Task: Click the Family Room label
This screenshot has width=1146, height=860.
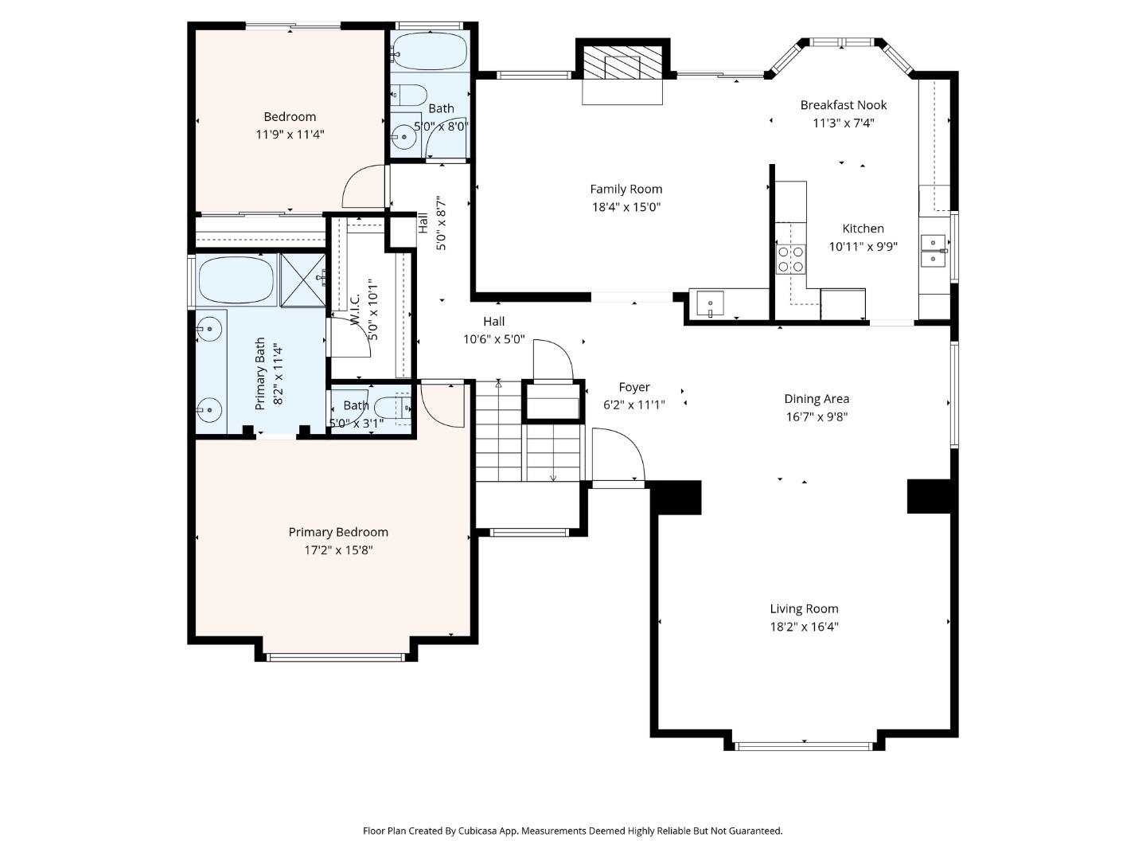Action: (626, 189)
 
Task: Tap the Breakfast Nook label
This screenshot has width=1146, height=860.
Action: (843, 105)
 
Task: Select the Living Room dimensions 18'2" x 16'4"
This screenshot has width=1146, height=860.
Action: (804, 627)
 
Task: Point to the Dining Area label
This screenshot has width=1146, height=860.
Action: (817, 399)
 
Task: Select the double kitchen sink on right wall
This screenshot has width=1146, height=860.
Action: (934, 251)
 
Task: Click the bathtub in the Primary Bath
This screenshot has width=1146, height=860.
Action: (236, 280)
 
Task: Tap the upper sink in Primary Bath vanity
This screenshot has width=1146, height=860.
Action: (209, 327)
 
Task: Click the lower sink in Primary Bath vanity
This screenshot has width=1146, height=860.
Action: (209, 409)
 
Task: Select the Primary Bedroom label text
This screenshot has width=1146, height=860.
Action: (338, 533)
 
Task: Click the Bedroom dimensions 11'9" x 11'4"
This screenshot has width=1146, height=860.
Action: (290, 135)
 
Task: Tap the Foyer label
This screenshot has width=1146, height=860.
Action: (634, 387)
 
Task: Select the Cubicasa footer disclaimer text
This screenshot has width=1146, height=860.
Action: (572, 831)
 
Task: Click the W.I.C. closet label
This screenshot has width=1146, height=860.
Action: (355, 310)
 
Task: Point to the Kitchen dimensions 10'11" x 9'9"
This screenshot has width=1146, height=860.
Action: (863, 247)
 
